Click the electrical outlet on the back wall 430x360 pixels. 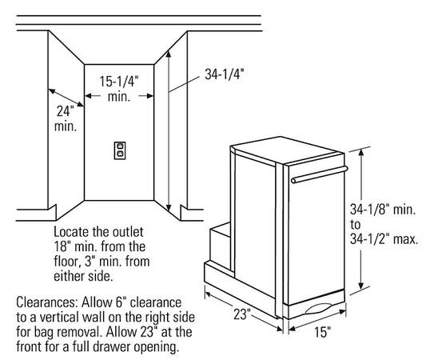pyautogui.click(x=120, y=150)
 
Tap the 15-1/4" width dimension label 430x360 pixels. pyautogui.click(x=119, y=82)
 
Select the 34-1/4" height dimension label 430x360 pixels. pyautogui.click(x=225, y=74)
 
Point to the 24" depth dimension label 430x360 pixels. pyautogui.click(x=66, y=111)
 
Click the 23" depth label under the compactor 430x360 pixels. pyautogui.click(x=242, y=314)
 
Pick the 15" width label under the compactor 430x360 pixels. pyautogui.click(x=322, y=332)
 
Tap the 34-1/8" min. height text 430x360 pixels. pyautogui.click(x=383, y=210)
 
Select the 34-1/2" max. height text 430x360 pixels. pyautogui.click(x=384, y=239)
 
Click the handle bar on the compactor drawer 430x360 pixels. pyautogui.click(x=320, y=174)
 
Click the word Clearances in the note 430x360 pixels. pyautogui.click(x=47, y=302)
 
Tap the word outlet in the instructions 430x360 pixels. pyautogui.click(x=129, y=232)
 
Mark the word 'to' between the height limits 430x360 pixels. pyautogui.click(x=355, y=225)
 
